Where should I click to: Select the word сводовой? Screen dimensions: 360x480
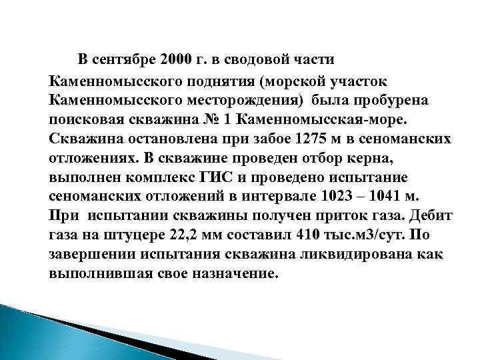(x=256, y=61)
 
